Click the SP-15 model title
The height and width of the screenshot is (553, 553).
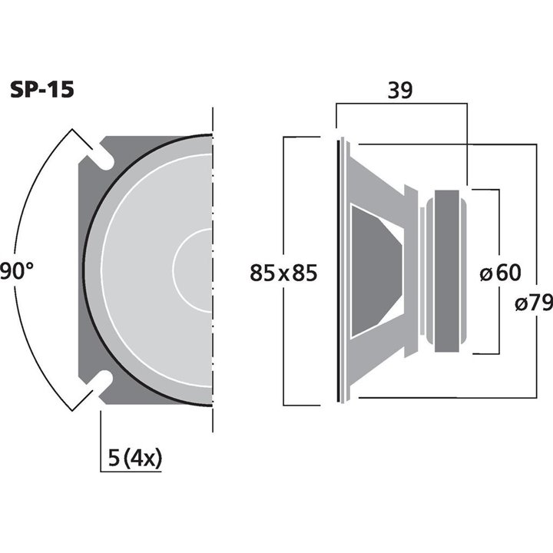41,91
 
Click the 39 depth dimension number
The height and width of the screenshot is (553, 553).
400,90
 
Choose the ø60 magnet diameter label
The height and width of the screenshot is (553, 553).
498,272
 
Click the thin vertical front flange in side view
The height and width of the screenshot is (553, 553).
341,270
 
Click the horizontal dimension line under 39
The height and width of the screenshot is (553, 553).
400,107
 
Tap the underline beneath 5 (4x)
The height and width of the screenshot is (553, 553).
131,471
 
